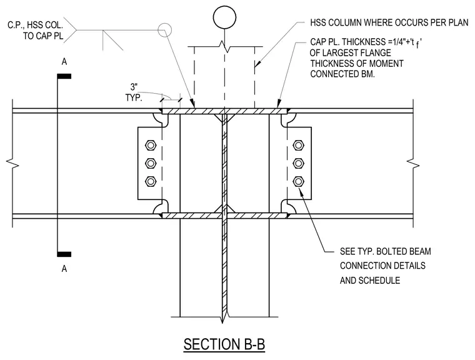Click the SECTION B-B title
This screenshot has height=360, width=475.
point(224,344)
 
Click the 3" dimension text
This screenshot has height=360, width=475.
point(134,87)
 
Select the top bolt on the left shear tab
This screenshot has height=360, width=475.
point(151,145)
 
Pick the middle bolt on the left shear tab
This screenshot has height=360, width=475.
point(151,163)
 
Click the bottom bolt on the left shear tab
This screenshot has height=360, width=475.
point(151,181)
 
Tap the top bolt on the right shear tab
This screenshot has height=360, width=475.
point(298,145)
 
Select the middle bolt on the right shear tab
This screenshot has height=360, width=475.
point(298,163)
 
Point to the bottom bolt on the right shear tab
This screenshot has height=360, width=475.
point(298,181)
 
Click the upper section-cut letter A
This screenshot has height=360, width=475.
point(64,62)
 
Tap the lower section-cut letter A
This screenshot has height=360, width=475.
point(64,269)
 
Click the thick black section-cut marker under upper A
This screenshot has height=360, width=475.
point(64,76)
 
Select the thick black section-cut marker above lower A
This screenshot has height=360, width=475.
point(64,254)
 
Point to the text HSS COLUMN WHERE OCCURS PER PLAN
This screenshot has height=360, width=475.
point(389,22)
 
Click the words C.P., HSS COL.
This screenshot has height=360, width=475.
point(35,25)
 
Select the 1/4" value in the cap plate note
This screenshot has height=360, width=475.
point(397,42)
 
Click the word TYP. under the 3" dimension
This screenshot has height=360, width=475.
point(134,98)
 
